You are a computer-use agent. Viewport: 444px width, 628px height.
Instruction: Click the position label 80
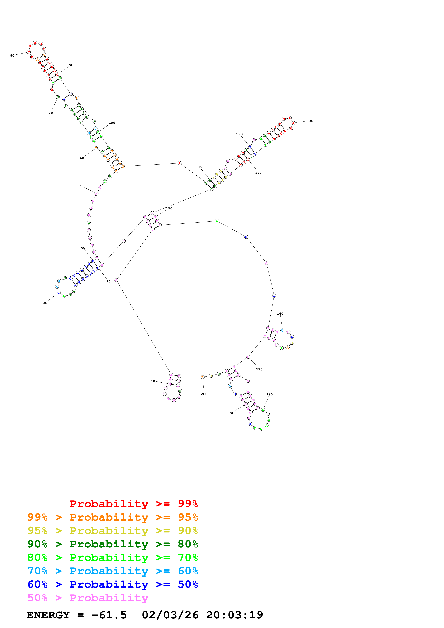pos(12,55)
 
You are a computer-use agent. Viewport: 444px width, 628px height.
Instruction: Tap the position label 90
pos(71,65)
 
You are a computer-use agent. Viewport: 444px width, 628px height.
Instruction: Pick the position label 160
pos(280,314)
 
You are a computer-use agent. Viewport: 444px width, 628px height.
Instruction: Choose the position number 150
pos(169,208)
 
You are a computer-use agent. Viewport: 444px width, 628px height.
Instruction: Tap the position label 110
pos(199,167)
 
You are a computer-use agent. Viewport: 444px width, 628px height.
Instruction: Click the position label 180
pos(270,394)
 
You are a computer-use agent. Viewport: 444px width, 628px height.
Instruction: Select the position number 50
pos(81,186)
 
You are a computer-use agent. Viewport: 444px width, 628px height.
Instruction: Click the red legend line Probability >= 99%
pos(133,504)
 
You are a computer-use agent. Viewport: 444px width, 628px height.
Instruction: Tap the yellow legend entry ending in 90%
pos(112,531)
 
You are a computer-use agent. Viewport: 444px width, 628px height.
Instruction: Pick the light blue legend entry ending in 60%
pos(112,571)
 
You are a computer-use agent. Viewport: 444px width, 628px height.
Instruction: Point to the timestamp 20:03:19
pos(234,615)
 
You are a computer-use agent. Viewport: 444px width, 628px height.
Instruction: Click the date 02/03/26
pos(170,615)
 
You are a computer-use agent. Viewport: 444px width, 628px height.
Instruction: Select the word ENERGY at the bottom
pos(48,615)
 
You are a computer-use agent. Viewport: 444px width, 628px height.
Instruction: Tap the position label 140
pos(258,173)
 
